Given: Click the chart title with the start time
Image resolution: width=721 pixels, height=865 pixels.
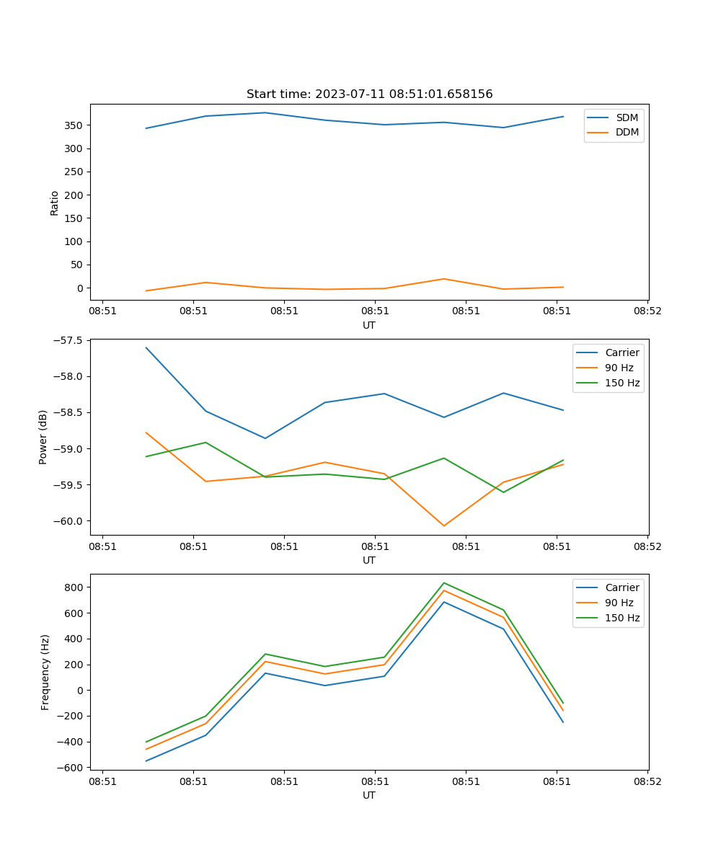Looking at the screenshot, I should click(369, 94).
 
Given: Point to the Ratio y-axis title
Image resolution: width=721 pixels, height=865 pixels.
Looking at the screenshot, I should click(55, 203).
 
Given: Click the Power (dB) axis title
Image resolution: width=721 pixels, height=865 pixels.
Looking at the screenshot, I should click(43, 437).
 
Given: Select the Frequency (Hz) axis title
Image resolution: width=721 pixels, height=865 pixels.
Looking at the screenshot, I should click(45, 672).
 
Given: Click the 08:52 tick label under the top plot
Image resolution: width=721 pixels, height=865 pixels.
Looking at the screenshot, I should click(647, 311).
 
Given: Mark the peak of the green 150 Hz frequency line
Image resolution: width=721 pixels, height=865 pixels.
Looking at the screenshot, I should click(443, 583).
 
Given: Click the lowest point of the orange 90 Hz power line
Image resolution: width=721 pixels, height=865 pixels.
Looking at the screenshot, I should click(443, 525).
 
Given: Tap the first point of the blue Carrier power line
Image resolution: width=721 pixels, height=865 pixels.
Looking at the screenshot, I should click(146, 347).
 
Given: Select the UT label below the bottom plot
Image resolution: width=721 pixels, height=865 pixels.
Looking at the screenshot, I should click(369, 795).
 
